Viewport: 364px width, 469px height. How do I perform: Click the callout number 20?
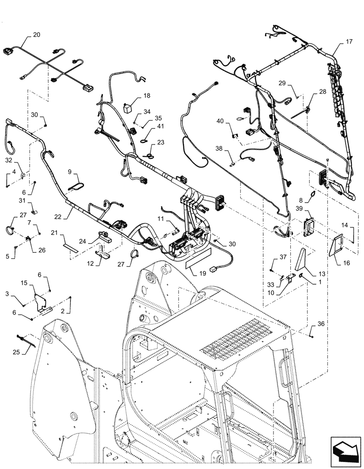click(37, 35)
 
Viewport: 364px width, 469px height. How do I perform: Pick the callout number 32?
click(9, 160)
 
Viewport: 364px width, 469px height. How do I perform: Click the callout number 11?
click(160, 219)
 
